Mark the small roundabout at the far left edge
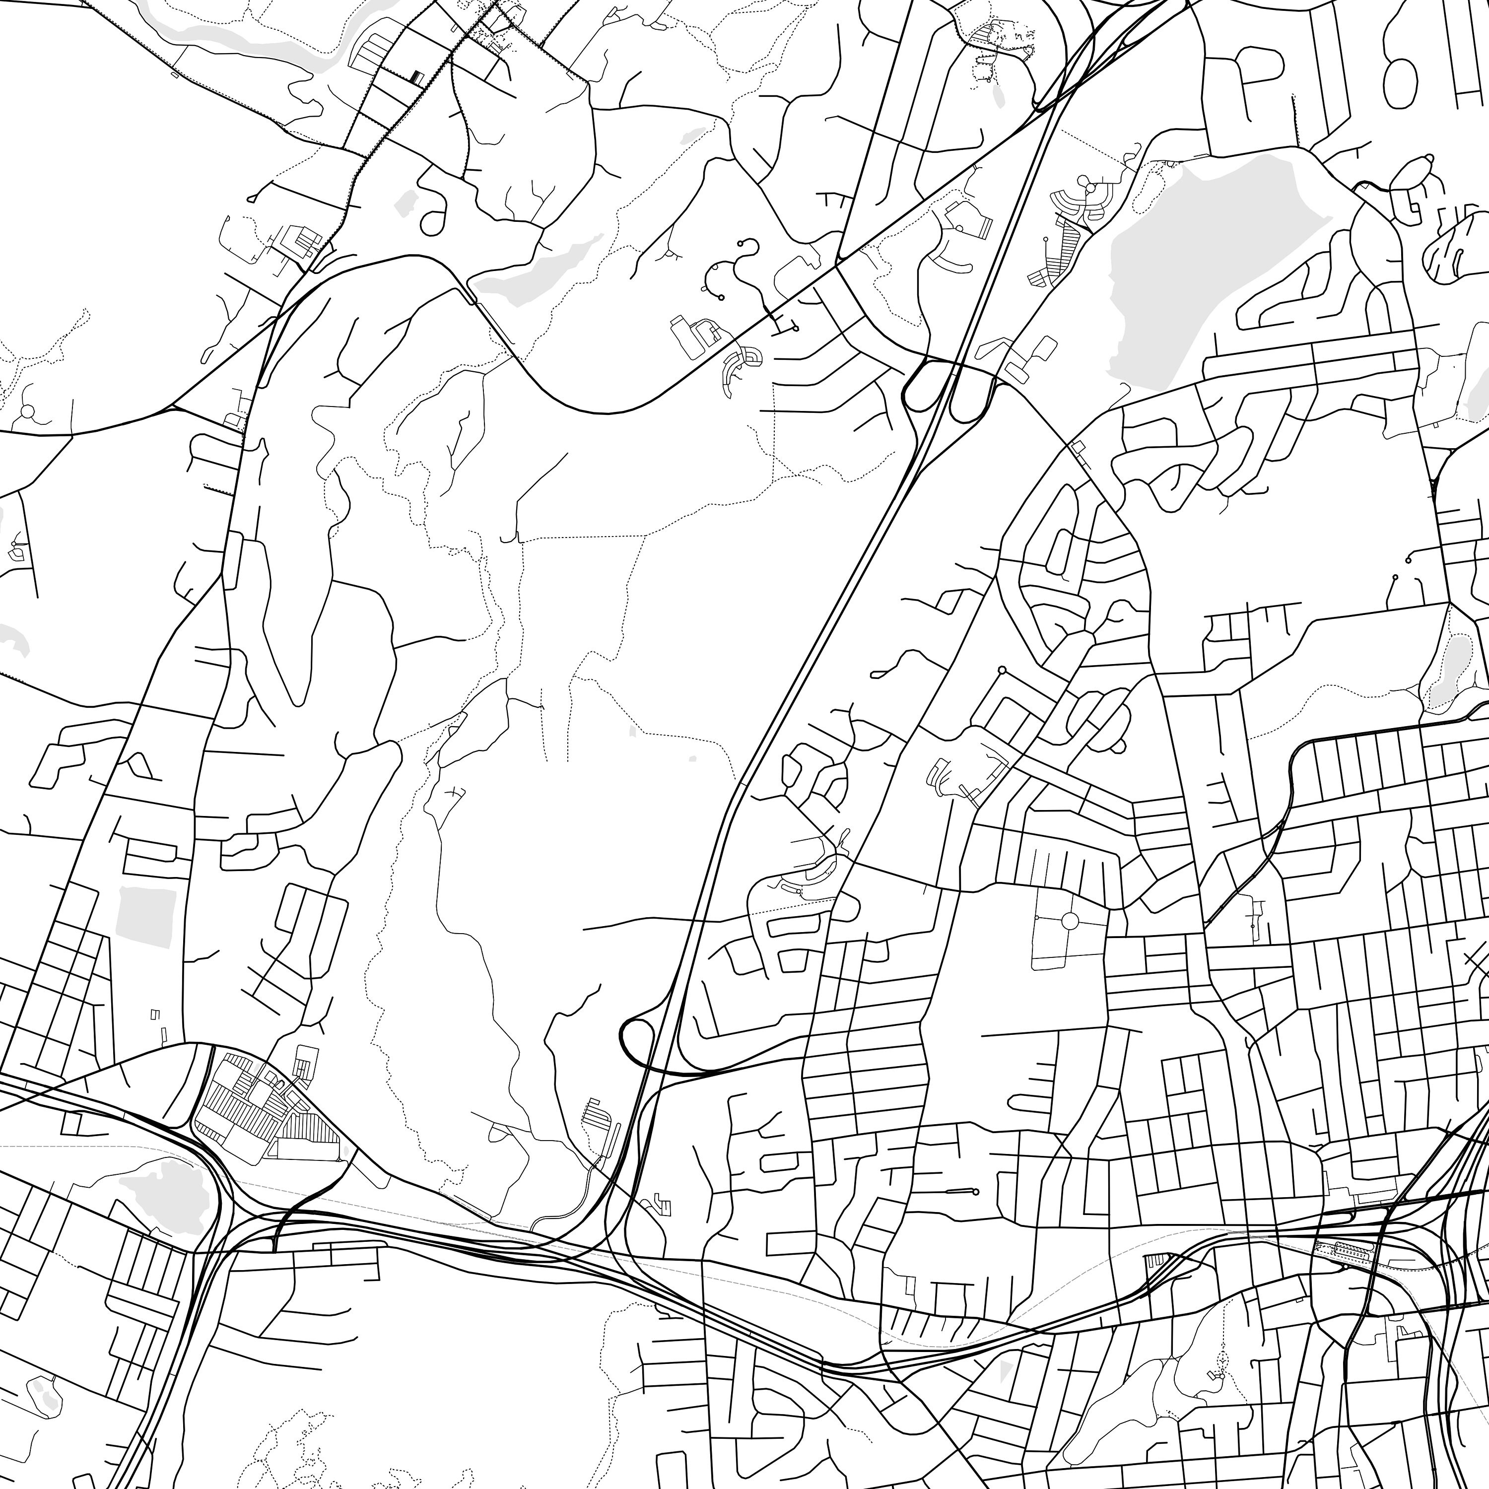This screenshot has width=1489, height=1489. point(28,411)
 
